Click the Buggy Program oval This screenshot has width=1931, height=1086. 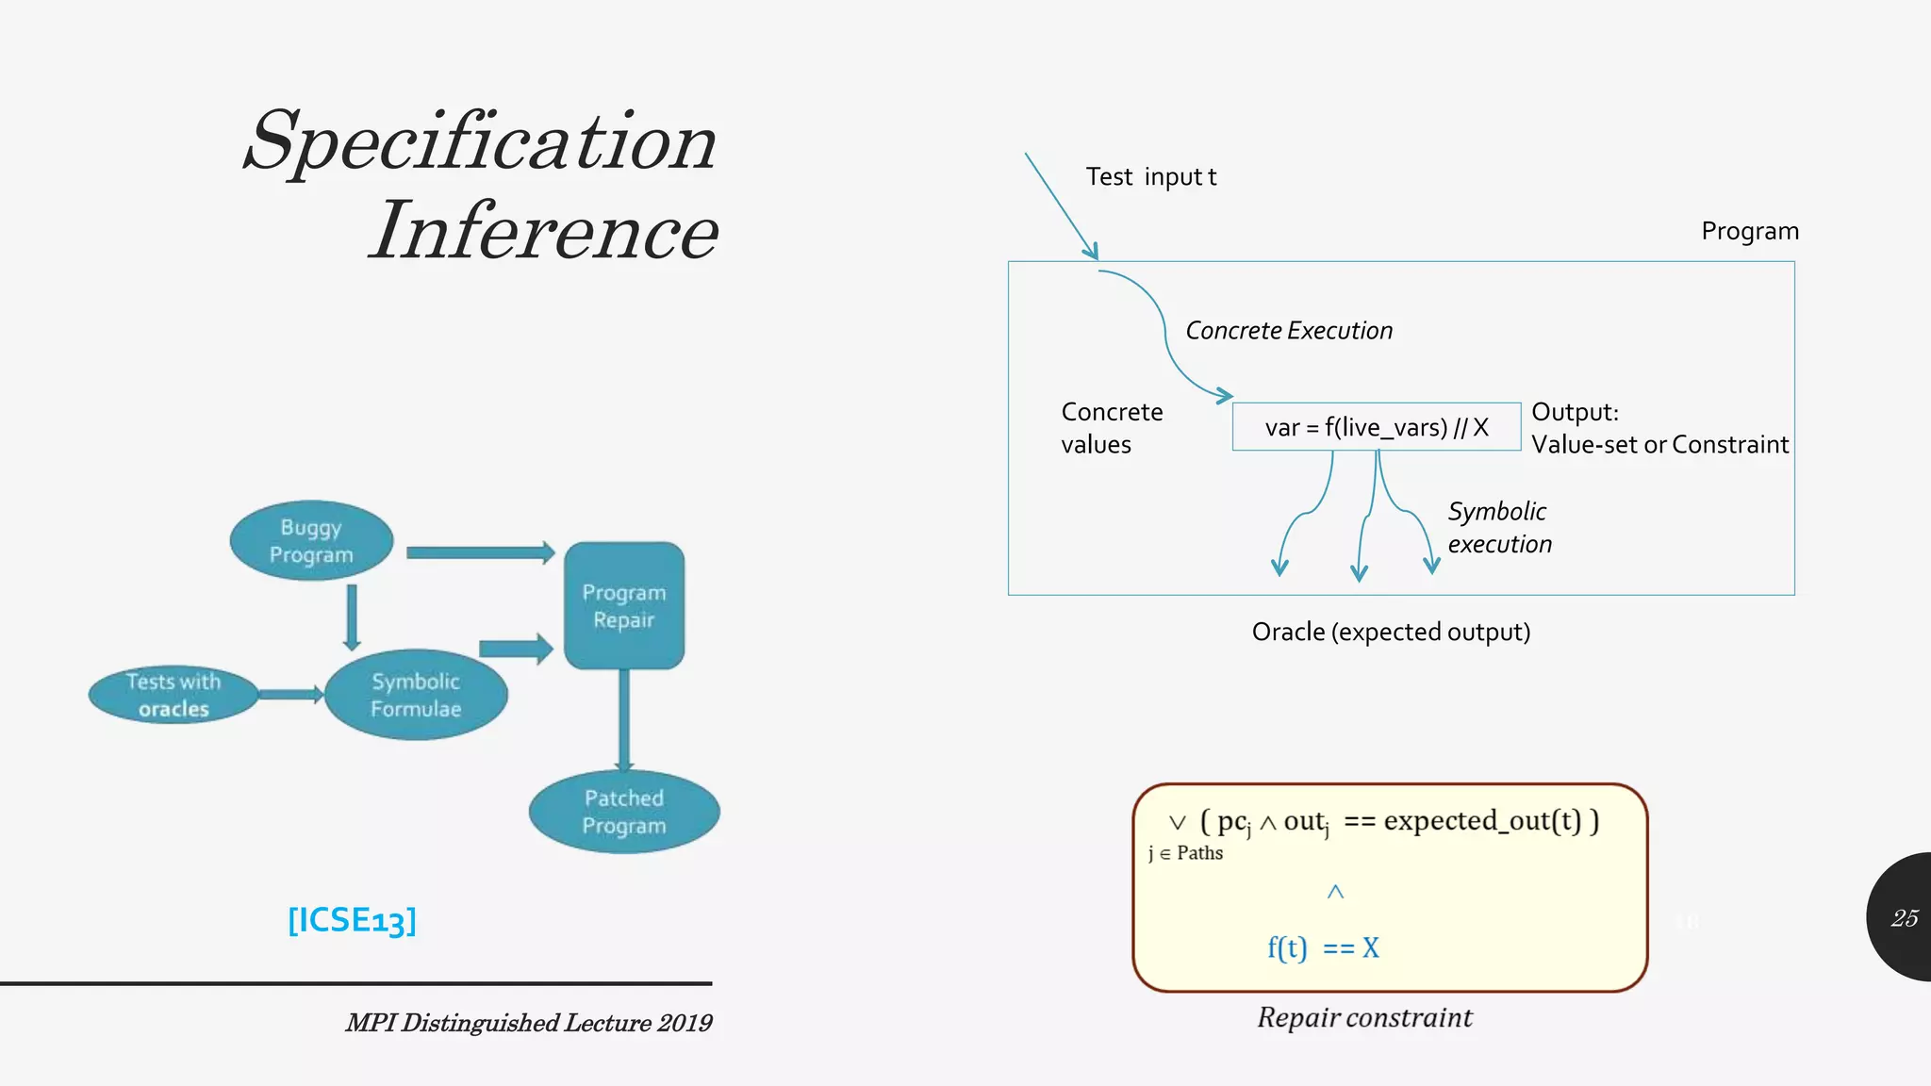(x=311, y=541)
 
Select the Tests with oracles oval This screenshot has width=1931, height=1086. (x=173, y=696)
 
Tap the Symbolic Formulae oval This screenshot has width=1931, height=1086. (x=416, y=695)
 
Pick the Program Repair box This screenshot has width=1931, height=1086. (x=624, y=606)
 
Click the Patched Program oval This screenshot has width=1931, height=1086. (x=624, y=812)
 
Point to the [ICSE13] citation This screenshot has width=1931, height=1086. (x=352, y=920)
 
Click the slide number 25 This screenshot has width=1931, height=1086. (x=1904, y=918)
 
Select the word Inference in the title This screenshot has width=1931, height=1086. (x=544, y=231)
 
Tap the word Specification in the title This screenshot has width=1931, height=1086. (x=481, y=141)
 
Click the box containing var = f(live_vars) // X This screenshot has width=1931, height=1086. (x=1376, y=427)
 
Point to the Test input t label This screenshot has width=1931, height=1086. (x=1150, y=177)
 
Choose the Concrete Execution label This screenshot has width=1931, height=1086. (x=1288, y=331)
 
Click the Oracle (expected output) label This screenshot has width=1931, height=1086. (x=1391, y=632)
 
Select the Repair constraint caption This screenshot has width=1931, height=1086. (x=1364, y=1018)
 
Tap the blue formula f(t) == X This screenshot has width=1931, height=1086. (x=1323, y=947)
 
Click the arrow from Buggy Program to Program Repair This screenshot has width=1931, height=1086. (x=480, y=552)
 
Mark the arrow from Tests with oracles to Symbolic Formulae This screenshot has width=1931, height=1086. (x=290, y=695)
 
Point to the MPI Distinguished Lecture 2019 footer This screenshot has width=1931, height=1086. (x=529, y=1023)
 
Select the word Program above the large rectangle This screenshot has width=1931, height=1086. (x=1750, y=232)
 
